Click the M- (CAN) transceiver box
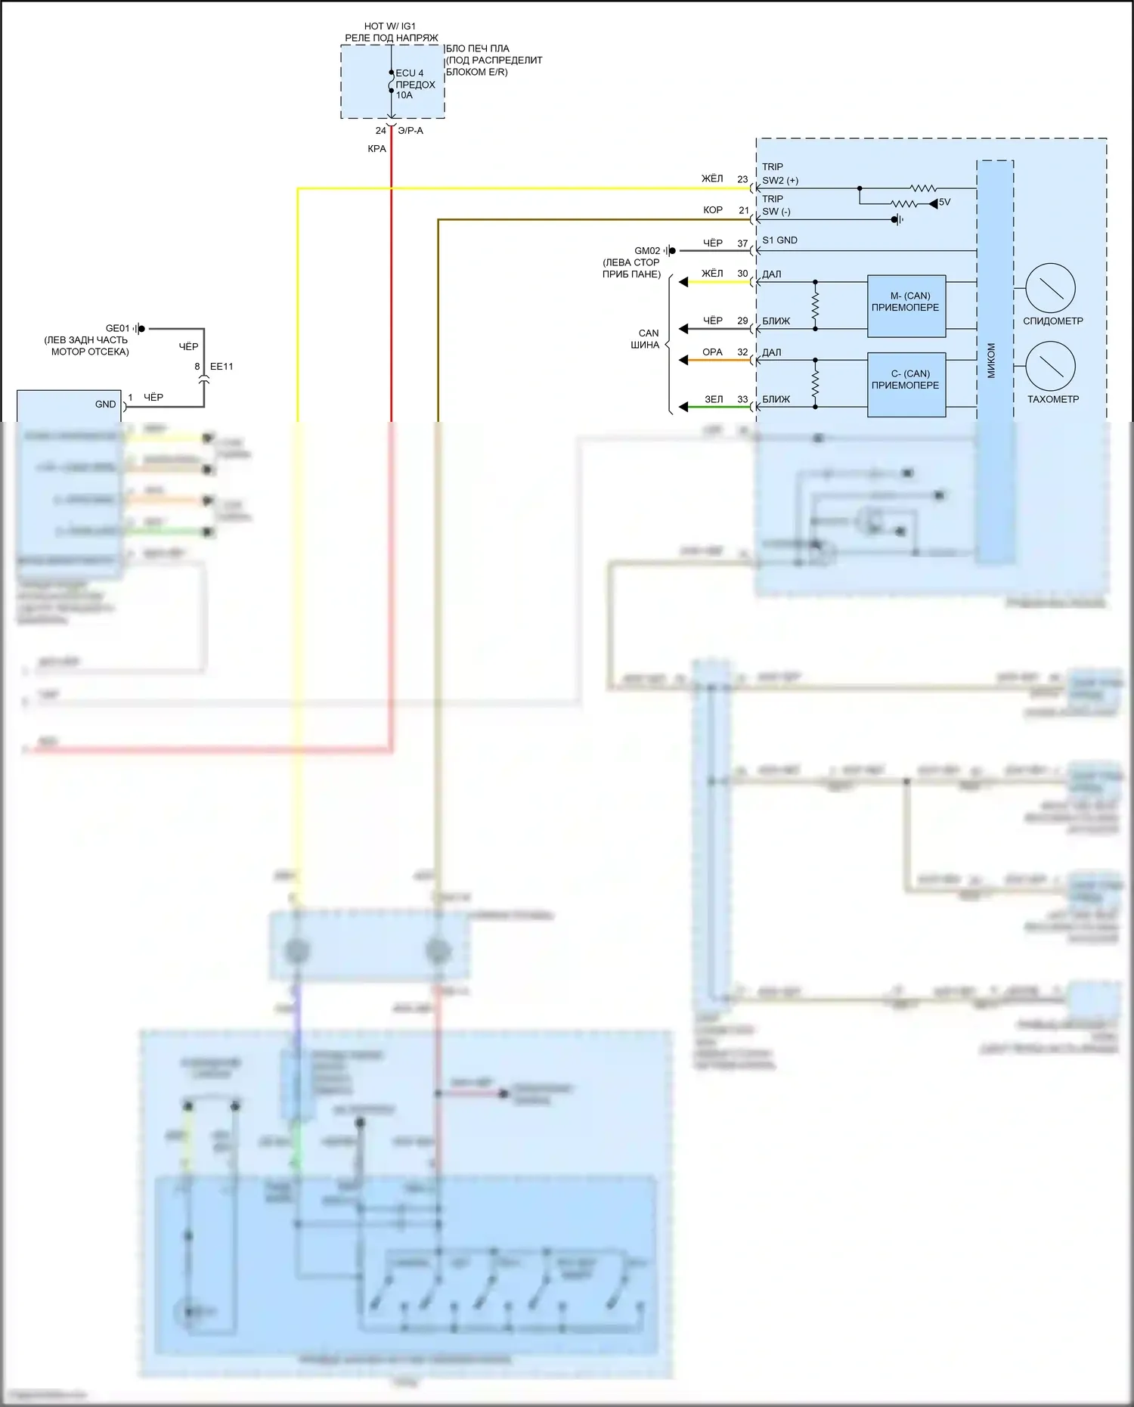pos(906,305)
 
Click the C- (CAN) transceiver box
pos(906,384)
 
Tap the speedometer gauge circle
pos(1050,288)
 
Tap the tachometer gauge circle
pos(1050,366)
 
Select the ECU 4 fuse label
pos(410,73)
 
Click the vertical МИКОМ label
pos(991,361)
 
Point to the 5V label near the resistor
pos(944,203)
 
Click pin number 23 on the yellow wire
pos(742,180)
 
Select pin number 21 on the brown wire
pos(744,211)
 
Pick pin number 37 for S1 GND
pos(742,243)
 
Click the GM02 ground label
pos(647,251)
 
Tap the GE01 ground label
pos(117,329)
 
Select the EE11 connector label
pos(222,367)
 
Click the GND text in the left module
pos(105,404)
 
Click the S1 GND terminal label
pos(779,240)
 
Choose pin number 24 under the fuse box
pos(381,131)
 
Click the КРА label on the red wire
pos(376,149)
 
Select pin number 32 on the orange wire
pos(742,352)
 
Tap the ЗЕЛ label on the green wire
pos(714,399)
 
